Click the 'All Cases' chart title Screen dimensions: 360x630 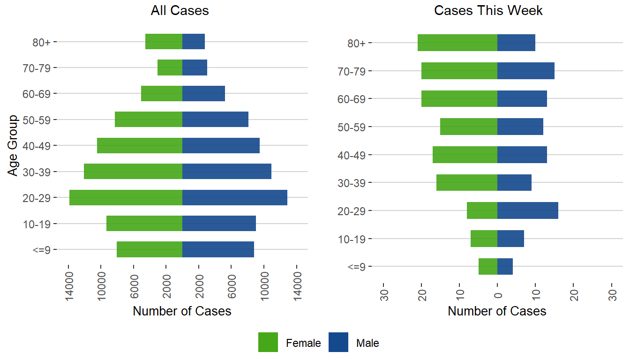(180, 11)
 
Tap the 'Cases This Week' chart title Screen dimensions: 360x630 (488, 11)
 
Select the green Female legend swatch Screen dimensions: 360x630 (268, 342)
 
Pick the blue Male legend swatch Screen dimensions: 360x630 (338, 342)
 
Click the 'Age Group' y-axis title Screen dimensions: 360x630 (13, 145)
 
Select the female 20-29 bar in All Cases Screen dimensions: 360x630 (126, 197)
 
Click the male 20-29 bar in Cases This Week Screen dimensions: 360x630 (527, 210)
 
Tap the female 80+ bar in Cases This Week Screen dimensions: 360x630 (457, 43)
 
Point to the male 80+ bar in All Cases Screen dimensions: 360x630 (194, 42)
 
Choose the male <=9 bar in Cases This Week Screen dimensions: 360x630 (505, 266)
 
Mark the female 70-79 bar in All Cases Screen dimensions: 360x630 (170, 67)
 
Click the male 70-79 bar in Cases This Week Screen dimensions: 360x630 (525, 71)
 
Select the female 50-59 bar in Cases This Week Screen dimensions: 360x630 (469, 127)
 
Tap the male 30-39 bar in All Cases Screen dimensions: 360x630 (227, 172)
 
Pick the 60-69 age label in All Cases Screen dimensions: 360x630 (39, 94)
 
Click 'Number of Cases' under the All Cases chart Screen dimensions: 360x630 (182, 311)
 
